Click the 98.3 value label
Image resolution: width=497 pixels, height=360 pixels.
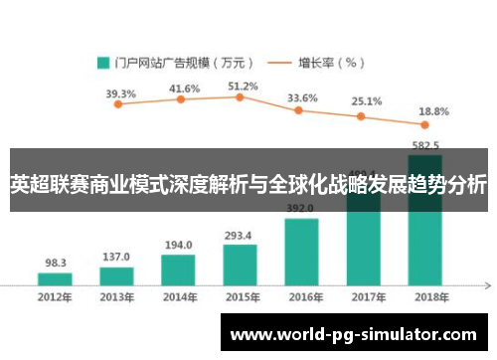56,264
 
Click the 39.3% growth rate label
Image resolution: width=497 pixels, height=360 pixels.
120,94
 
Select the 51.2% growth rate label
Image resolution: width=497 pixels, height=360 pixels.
243,87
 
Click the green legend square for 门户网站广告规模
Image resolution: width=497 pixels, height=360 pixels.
101,63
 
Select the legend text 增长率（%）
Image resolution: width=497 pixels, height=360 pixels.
331,63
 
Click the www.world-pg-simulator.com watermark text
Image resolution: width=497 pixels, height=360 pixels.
353,335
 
